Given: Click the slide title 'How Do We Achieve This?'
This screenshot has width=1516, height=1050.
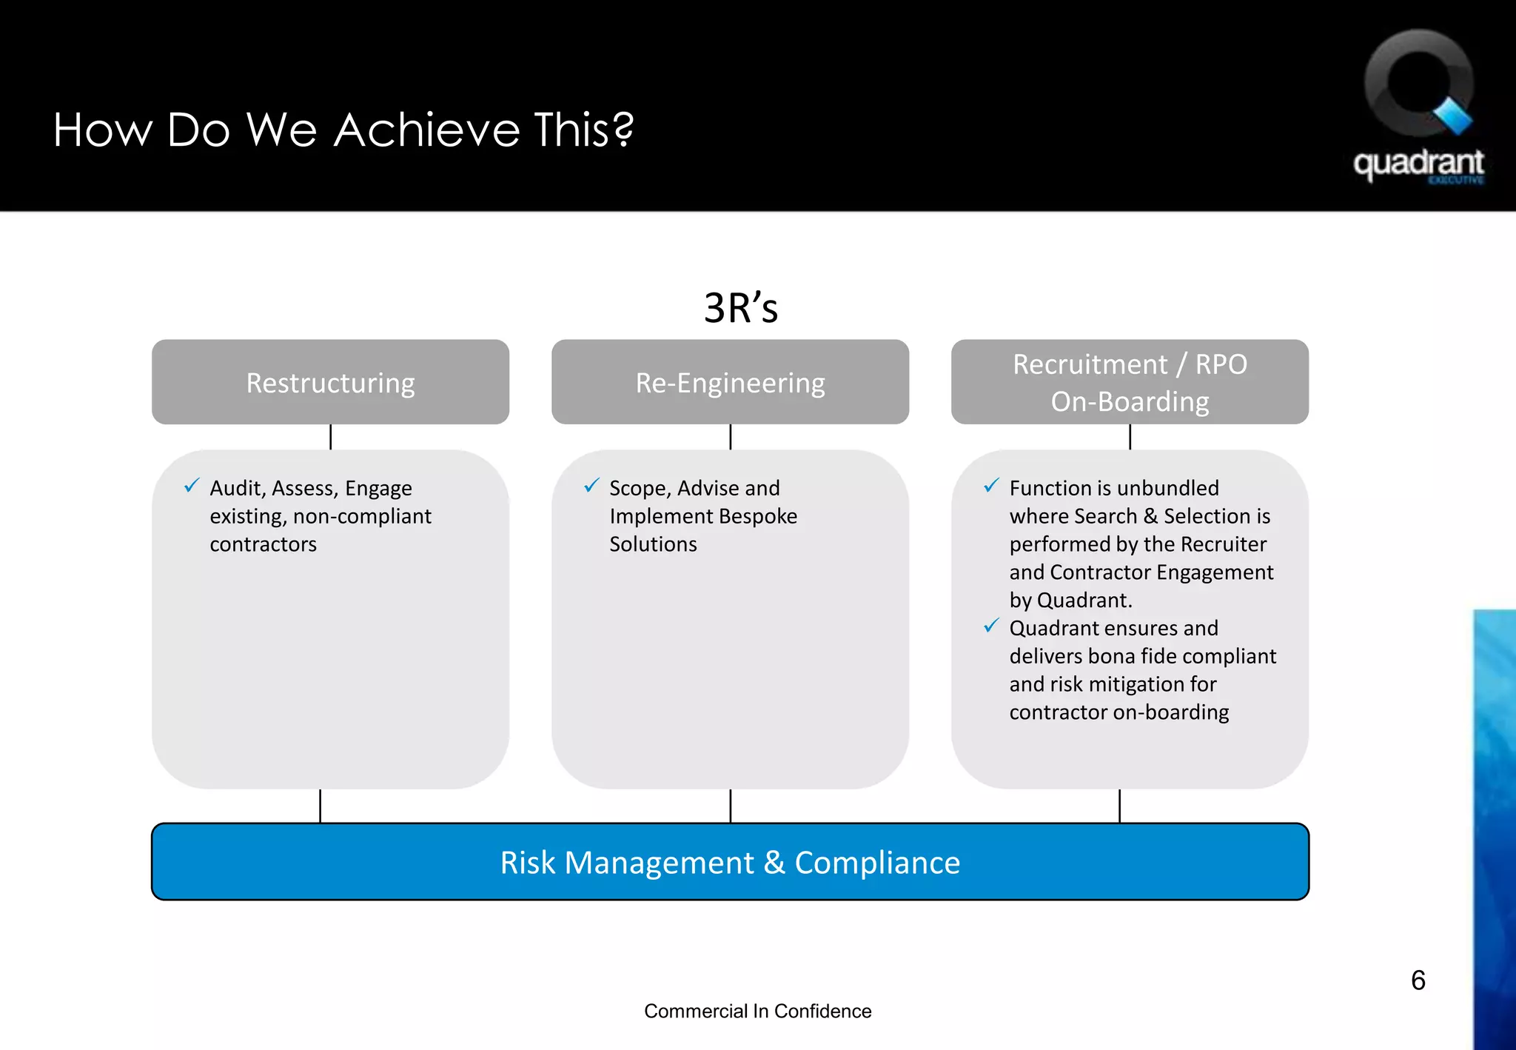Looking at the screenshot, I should [343, 130].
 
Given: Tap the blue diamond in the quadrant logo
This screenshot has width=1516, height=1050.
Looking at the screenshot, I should [1453, 116].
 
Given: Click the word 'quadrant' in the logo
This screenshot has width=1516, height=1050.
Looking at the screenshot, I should [1418, 164].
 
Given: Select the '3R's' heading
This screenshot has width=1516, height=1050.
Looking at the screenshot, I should [740, 308].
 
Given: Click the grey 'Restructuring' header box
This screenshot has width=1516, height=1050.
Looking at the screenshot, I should [330, 382].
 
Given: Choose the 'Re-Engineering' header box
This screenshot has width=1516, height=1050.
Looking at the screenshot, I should [730, 382].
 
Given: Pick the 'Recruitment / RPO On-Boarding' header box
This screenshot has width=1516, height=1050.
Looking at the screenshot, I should [1130, 382].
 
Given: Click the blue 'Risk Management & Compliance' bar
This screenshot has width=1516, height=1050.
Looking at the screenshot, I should [730, 862].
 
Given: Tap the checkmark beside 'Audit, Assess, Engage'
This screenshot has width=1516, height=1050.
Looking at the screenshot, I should [192, 486].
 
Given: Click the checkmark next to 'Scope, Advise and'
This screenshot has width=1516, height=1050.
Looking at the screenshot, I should [591, 486].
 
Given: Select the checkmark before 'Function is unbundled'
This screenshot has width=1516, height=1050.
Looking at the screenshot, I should [991, 486].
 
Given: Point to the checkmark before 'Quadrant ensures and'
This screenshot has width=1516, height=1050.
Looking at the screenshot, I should [991, 626].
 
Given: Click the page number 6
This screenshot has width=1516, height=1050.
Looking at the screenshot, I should [1418, 980].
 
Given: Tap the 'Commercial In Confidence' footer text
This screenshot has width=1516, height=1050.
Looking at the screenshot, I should [757, 1011].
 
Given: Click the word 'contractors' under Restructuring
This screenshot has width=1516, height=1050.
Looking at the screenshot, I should [263, 544].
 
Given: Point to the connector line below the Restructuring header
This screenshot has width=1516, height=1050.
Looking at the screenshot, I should [330, 437].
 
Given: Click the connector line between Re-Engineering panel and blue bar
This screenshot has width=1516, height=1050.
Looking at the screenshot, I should [730, 806].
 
